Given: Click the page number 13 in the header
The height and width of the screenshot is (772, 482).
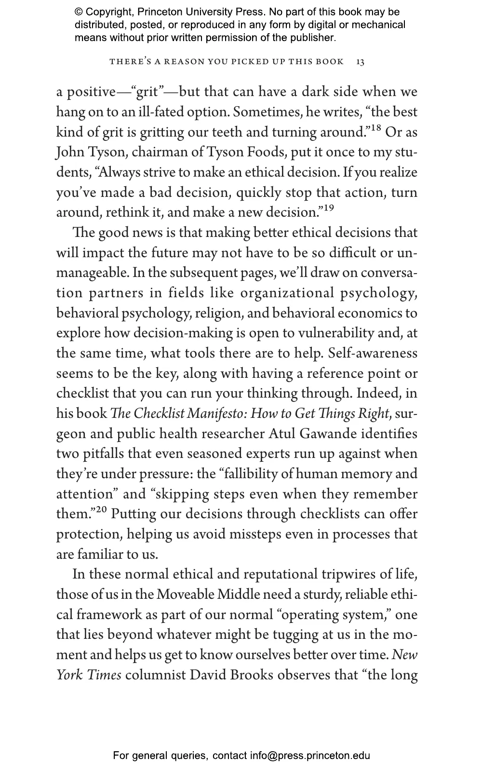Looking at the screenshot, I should click(361, 62).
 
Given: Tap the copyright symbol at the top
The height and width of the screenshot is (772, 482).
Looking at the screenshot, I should click(79, 13).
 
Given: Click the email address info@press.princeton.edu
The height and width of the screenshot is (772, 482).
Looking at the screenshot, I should click(310, 756).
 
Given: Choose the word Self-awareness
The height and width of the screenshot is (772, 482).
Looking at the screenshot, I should click(373, 353).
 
